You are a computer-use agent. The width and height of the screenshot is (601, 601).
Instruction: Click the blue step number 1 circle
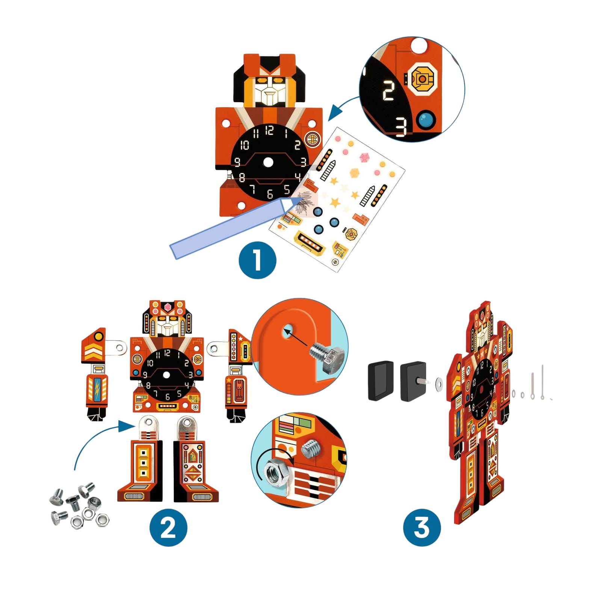click(257, 260)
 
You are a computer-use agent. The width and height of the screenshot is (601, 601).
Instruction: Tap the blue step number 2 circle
click(168, 527)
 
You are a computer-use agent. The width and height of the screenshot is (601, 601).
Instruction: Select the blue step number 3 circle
click(422, 527)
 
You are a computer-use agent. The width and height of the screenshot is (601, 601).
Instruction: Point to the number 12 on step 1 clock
click(269, 130)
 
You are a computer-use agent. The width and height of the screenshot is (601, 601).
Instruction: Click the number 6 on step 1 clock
click(270, 194)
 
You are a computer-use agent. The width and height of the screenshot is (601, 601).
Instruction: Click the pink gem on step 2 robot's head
click(168, 307)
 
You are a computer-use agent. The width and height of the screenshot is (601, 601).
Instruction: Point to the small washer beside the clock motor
click(438, 384)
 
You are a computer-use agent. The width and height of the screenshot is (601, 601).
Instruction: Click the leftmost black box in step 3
click(381, 381)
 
